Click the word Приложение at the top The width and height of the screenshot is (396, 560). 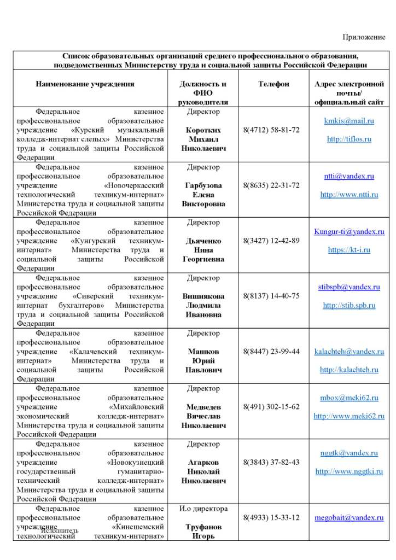[x=364, y=37]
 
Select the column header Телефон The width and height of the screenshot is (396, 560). [x=273, y=84]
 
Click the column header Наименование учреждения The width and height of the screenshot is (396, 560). [x=85, y=84]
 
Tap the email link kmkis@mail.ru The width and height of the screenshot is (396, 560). [x=349, y=121]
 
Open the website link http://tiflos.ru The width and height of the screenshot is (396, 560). [x=349, y=139]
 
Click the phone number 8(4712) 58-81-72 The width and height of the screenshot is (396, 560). [x=271, y=130]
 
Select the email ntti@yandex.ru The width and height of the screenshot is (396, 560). [x=349, y=176]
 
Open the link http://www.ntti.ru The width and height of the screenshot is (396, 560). [x=349, y=194]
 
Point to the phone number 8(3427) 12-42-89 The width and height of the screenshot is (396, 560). [x=271, y=241]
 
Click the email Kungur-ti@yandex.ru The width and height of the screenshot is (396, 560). [x=349, y=231]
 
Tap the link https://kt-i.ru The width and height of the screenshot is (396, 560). [x=349, y=250]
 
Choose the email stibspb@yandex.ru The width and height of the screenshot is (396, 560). [x=349, y=287]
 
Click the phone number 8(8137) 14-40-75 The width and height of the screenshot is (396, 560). [x=271, y=296]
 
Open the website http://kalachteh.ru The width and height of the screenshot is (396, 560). [x=349, y=370]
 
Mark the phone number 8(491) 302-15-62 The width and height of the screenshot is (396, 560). [x=271, y=407]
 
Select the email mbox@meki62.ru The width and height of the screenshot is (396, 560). [x=349, y=398]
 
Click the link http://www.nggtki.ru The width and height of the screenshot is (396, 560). [x=349, y=471]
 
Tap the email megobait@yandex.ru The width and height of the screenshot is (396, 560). [x=349, y=517]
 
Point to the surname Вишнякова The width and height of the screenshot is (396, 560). [x=203, y=296]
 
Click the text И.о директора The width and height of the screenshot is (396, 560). [x=203, y=509]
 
